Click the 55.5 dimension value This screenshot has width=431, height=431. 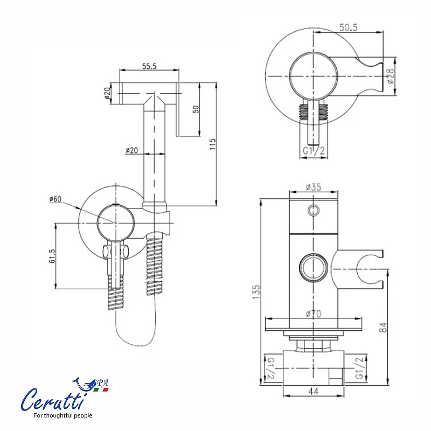(149, 66)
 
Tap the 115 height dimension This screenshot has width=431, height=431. (213, 144)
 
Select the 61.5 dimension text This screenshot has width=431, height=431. (52, 256)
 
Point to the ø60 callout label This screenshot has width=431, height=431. (55, 199)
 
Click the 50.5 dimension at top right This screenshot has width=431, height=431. (348, 27)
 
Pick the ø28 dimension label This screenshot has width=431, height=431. (390, 76)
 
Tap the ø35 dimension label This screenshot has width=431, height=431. (314, 187)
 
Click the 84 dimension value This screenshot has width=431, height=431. (383, 328)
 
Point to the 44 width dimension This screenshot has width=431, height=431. (314, 391)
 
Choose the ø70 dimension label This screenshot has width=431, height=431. (314, 314)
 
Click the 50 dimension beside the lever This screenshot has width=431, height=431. (196, 109)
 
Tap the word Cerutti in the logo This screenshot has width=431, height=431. (52, 400)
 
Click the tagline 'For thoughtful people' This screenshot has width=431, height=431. (63, 415)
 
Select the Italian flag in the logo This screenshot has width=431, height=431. (101, 390)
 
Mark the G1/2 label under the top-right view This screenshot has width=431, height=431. (314, 150)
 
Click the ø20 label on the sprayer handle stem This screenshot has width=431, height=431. (131, 150)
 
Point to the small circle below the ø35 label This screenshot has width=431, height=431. (314, 211)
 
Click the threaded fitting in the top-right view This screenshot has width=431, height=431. (314, 112)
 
